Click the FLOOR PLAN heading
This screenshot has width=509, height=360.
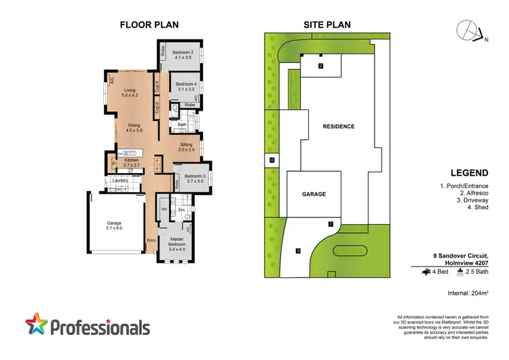click(x=149, y=24)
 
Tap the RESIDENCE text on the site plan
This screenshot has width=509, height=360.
click(x=338, y=126)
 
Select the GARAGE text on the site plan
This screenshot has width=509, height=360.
click(x=313, y=194)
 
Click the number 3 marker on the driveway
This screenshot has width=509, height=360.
click(x=298, y=251)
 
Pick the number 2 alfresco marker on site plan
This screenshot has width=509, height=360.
click(x=320, y=66)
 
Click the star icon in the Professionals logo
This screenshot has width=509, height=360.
click(x=37, y=325)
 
